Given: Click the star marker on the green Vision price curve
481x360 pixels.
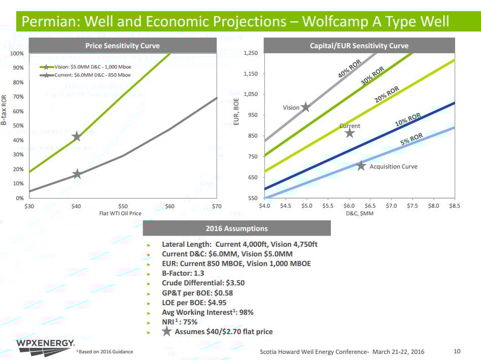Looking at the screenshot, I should click(x=76, y=137).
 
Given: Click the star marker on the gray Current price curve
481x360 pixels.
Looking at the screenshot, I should click(x=77, y=174).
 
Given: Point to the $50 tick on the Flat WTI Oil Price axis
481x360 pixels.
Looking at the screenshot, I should click(x=123, y=206).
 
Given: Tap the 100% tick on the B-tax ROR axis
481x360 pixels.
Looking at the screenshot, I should click(x=17, y=53).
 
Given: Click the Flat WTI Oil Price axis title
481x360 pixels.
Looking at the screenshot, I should click(x=120, y=213).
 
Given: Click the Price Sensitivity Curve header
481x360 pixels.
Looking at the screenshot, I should click(x=122, y=46).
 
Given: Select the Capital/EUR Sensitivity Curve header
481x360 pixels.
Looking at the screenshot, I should click(x=359, y=46).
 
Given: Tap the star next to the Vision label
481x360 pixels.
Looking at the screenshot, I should click(x=305, y=107).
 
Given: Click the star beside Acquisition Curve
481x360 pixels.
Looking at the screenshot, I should click(x=361, y=166).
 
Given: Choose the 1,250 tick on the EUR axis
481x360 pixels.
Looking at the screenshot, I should click(x=251, y=53).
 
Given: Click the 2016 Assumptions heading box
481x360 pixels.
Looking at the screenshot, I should click(x=236, y=228).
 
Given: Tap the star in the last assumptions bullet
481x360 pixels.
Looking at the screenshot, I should click(x=166, y=332).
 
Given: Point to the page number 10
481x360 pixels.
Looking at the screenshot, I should click(x=457, y=351).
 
